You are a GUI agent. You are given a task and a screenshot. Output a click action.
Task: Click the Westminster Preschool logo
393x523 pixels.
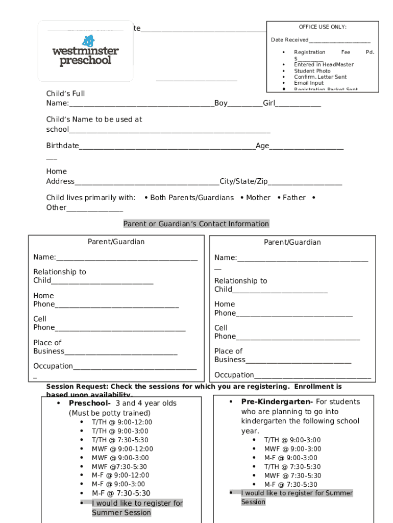[85, 51]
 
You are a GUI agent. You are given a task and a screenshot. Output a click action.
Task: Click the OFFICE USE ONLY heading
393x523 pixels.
[323, 27]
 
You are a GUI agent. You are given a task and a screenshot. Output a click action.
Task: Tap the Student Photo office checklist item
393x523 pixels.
[312, 71]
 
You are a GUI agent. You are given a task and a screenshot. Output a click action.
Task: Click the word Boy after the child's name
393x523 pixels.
[221, 103]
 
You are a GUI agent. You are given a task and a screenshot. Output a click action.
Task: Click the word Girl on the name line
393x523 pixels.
[269, 103]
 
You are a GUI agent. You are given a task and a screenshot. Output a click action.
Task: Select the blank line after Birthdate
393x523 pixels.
[167, 146]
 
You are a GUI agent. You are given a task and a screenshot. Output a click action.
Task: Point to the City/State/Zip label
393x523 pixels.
[243, 181]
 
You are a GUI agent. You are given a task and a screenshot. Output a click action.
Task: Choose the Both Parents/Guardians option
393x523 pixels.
[192, 198]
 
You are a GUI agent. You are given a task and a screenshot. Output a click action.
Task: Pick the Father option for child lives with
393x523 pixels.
[294, 198]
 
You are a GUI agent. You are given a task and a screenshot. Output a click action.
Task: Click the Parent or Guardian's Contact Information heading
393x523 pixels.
[196, 224]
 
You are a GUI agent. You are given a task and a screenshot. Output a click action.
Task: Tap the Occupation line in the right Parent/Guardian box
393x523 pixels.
[312, 375]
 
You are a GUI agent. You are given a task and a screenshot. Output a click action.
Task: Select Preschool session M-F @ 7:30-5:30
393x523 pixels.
[121, 493]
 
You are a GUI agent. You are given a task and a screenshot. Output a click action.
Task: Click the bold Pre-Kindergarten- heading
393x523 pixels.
[277, 402]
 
